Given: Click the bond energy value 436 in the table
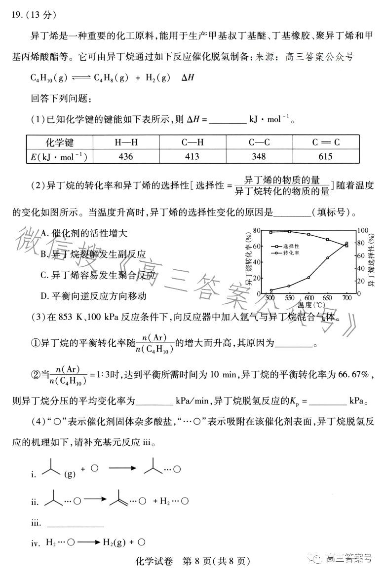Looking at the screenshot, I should (126, 156).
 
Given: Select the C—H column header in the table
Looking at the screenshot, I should (192, 143).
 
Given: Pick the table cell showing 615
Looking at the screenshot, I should (326, 156).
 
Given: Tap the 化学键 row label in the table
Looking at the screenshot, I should (60, 143).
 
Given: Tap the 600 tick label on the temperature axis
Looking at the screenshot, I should (308, 298).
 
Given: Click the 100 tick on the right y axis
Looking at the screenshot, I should (363, 230).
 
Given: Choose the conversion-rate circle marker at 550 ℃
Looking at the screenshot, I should (289, 286).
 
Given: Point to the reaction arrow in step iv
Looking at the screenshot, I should (88, 542).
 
